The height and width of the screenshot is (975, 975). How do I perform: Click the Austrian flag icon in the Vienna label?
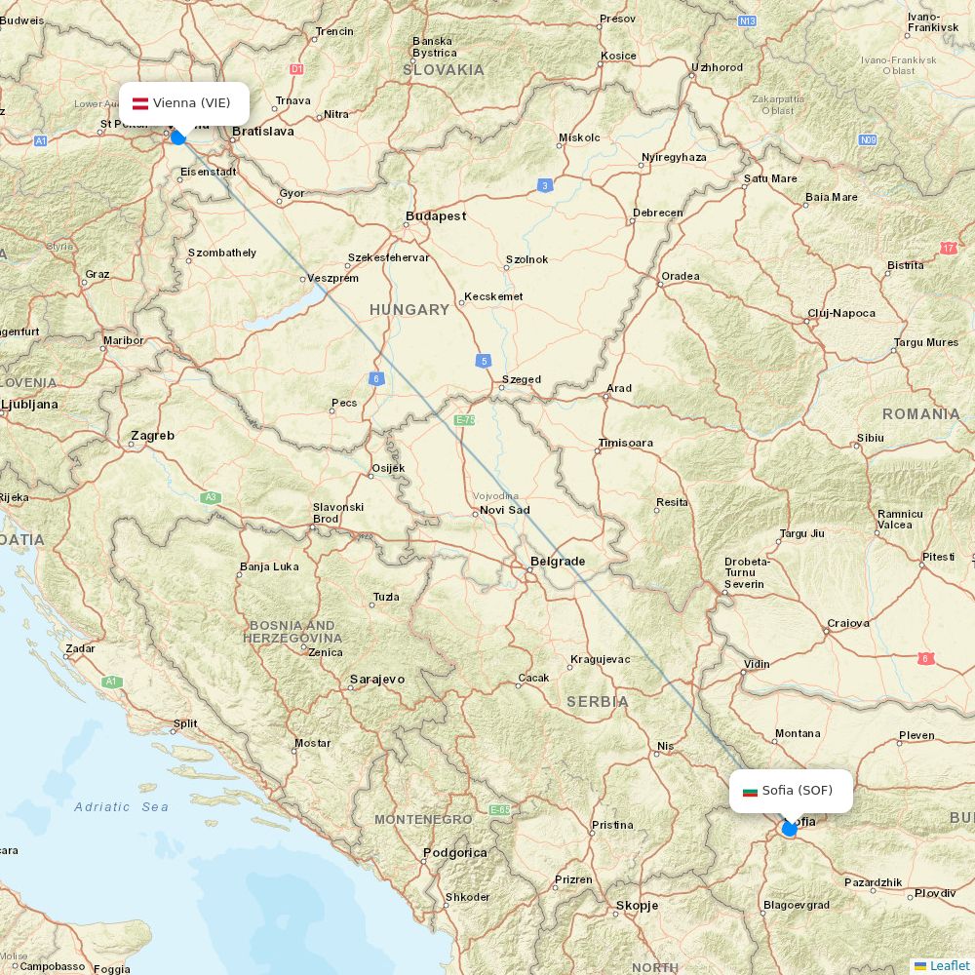[140, 103]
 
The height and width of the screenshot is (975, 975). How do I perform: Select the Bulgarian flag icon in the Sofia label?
[750, 791]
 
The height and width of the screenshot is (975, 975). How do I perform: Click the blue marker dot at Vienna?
[177, 137]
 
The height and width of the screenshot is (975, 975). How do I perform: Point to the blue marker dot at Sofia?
[789, 829]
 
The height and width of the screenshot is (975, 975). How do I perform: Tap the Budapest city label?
[436, 216]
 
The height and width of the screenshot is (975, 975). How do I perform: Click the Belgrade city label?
[557, 562]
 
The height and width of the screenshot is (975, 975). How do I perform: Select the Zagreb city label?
[152, 436]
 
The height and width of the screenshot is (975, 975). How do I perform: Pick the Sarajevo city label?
[376, 680]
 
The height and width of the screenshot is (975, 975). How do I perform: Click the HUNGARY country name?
[409, 310]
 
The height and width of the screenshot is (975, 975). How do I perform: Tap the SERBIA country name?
[598, 702]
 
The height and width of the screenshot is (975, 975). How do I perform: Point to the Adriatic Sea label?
[121, 807]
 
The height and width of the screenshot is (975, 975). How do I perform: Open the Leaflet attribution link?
[949, 965]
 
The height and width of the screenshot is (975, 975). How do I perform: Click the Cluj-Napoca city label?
[841, 314]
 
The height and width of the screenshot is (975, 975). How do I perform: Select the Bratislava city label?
[263, 131]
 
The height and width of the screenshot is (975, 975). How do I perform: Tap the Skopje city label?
[637, 906]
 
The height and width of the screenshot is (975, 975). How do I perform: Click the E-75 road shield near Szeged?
[464, 420]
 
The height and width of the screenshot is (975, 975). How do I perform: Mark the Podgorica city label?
[454, 853]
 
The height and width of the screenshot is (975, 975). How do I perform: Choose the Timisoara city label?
[626, 444]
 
